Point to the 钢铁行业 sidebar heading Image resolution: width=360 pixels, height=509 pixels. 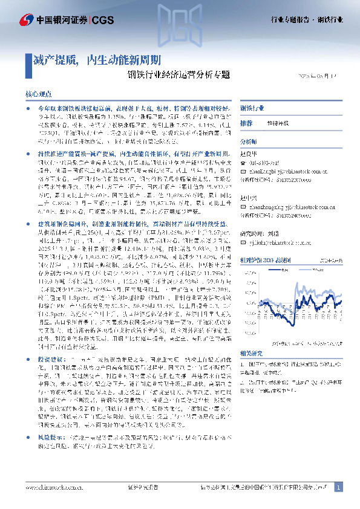253,108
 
